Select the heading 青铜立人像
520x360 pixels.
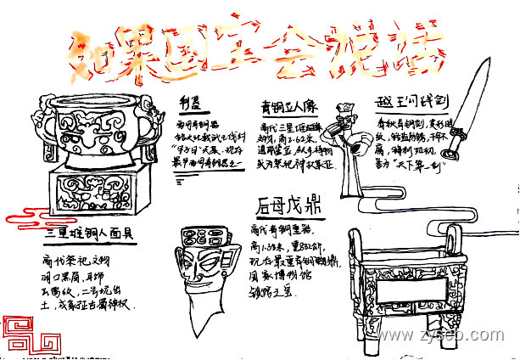(x=288, y=107)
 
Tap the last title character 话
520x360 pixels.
(x=414, y=53)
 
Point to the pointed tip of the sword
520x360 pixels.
(x=486, y=59)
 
